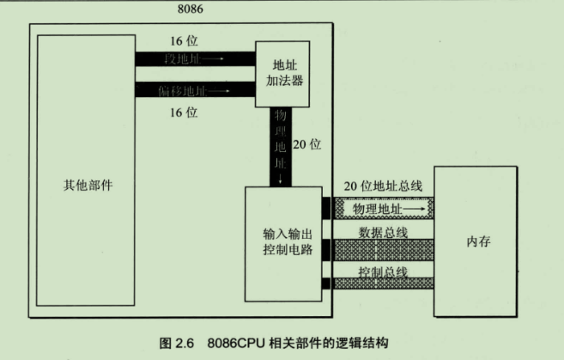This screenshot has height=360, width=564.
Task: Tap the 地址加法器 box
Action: point(282,75)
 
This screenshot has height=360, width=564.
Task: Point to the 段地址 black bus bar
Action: point(194,59)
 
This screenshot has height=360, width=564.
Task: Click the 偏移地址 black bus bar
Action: point(194,89)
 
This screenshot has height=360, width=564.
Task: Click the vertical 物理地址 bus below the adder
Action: point(281,146)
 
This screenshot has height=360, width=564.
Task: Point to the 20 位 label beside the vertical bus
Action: point(307,144)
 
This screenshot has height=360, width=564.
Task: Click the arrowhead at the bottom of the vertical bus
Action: point(281,181)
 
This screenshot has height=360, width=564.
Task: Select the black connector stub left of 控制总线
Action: point(326,284)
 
